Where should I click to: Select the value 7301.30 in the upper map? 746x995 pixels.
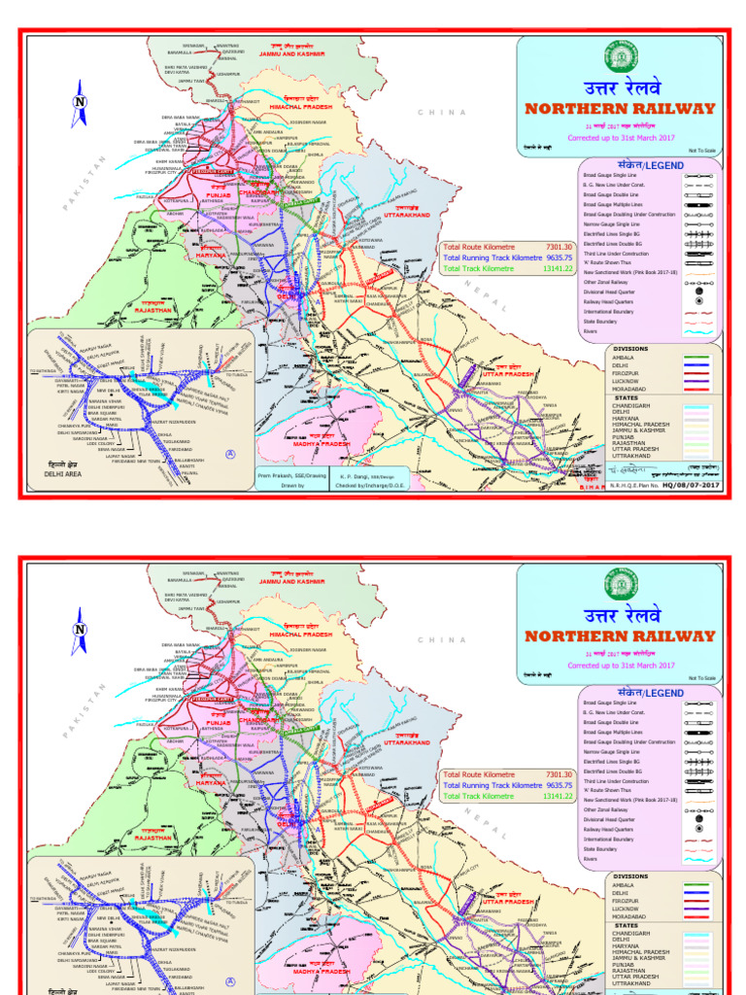[x=559, y=247]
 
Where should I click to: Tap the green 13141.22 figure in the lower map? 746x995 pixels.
[x=559, y=796]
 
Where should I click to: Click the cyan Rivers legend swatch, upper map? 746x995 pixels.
[x=697, y=331]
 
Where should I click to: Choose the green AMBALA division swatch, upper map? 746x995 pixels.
[x=697, y=357]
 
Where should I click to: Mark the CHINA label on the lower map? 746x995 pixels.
[x=442, y=639]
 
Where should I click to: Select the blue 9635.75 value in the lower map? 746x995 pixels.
[x=559, y=784]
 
